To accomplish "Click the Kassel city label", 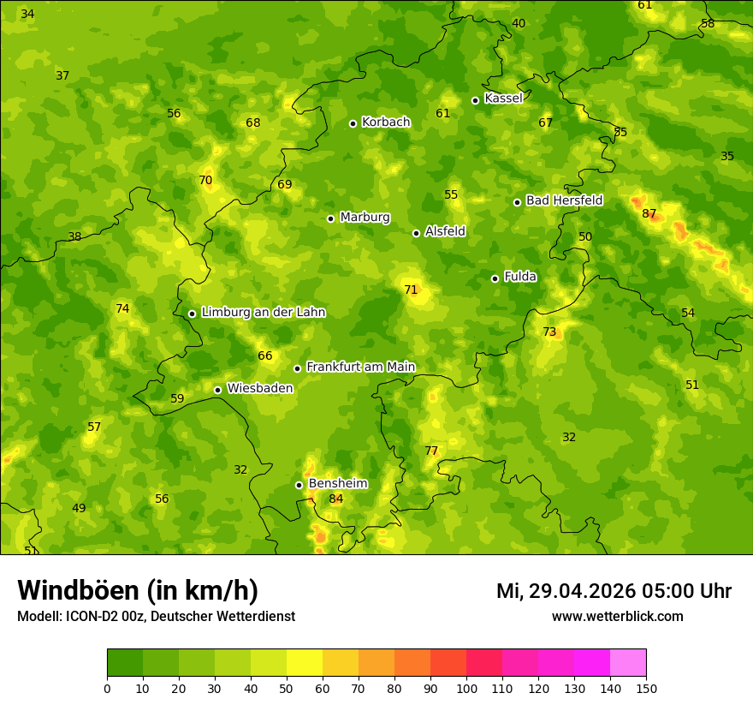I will coord(503,99).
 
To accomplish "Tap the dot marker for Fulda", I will coord(495,278).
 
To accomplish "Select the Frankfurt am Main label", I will coord(360,367).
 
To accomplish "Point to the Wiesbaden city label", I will coord(260,388).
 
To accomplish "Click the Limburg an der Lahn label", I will coord(264,313).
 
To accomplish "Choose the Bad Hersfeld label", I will coord(564,200).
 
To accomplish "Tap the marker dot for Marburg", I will coord(330,218).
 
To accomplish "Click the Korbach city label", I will coord(386,122).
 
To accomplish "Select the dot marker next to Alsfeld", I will coord(416,233).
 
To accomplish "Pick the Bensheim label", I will coord(338,483).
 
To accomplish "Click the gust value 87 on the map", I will coord(649,213).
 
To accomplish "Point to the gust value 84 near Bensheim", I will coord(336,499).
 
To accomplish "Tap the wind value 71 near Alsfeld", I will coord(411,290).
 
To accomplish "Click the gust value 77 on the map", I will coord(431,451).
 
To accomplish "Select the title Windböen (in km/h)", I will coord(138,590).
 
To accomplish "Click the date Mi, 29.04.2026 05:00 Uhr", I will coord(614,591).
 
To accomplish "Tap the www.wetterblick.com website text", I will coord(617,616).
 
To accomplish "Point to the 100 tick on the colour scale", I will coord(466,688).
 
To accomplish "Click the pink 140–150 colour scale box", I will coord(628,663).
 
